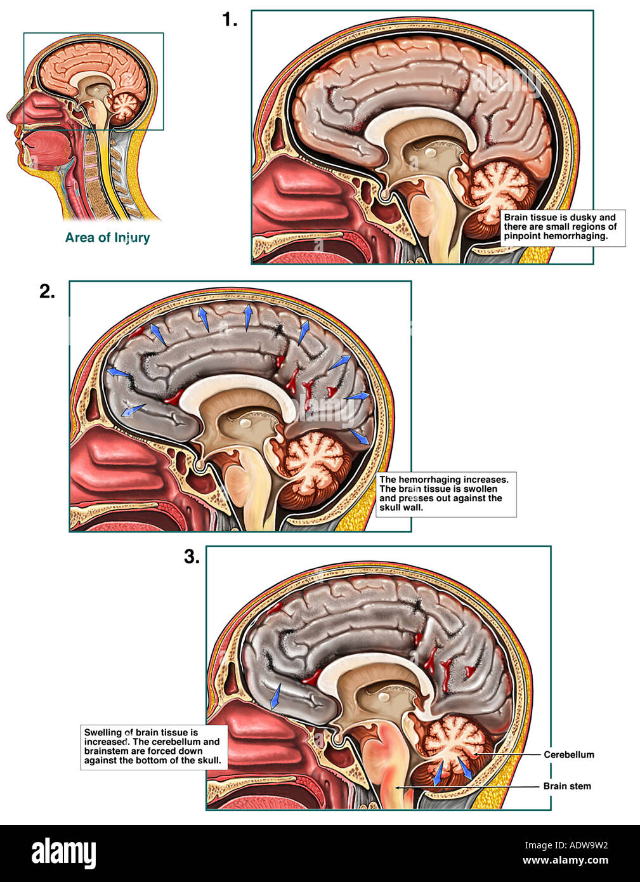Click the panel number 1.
point(229,20)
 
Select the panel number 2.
point(47,291)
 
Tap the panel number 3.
point(192,556)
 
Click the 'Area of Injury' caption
point(107,237)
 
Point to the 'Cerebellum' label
point(568,754)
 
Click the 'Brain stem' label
point(566,786)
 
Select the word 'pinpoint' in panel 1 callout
point(522,236)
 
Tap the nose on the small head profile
point(13,116)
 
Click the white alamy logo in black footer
point(63,853)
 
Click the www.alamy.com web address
point(565,861)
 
